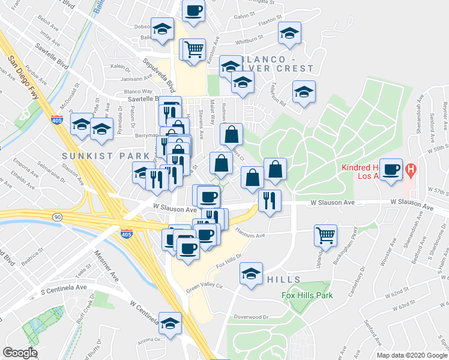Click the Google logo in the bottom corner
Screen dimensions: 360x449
[x=20, y=353]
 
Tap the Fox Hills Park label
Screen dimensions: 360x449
[x=307, y=295]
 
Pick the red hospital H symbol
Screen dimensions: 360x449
[x=411, y=170]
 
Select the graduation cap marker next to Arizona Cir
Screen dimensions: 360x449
[x=170, y=322]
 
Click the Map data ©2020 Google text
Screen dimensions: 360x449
[x=411, y=355]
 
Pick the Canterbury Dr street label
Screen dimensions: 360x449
[x=358, y=280]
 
